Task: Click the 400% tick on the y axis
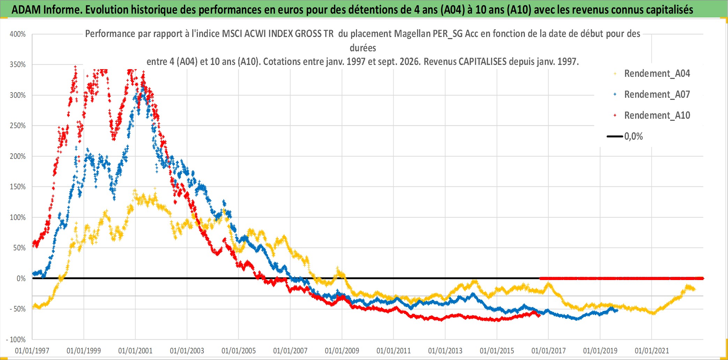(18, 34)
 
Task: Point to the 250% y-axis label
(18, 126)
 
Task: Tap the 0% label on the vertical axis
(21, 279)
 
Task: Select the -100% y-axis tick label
(16, 340)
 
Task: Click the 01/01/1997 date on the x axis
(32, 351)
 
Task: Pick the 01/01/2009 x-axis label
(342, 351)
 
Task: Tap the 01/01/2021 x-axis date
(652, 351)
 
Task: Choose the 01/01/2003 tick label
(187, 351)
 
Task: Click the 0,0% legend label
(633, 137)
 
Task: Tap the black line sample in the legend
(615, 136)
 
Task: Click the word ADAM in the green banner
(26, 10)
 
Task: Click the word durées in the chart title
(363, 48)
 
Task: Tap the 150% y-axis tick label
(18, 187)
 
